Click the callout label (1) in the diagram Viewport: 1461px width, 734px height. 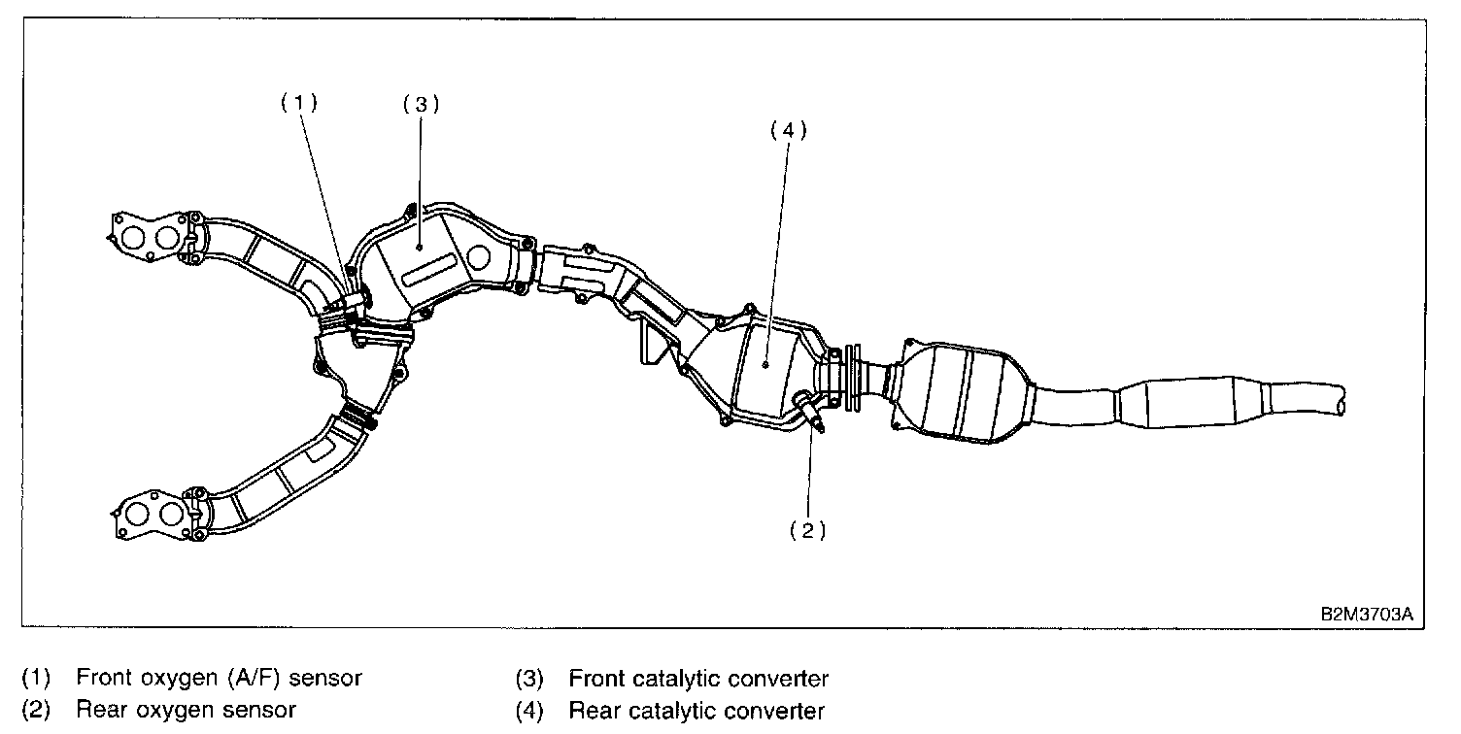click(x=299, y=104)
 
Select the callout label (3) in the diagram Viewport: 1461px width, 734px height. click(x=421, y=105)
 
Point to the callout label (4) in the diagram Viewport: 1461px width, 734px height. click(x=788, y=130)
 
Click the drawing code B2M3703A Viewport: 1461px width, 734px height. click(x=1366, y=615)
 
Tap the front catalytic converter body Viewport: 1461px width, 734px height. click(x=427, y=260)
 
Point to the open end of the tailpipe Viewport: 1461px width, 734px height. click(x=1342, y=398)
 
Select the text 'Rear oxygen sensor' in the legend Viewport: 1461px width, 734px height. click(x=186, y=710)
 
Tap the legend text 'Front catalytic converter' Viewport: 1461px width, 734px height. click(x=698, y=678)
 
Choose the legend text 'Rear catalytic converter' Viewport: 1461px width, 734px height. click(x=696, y=710)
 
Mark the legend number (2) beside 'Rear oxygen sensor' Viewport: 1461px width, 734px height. click(x=35, y=710)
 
